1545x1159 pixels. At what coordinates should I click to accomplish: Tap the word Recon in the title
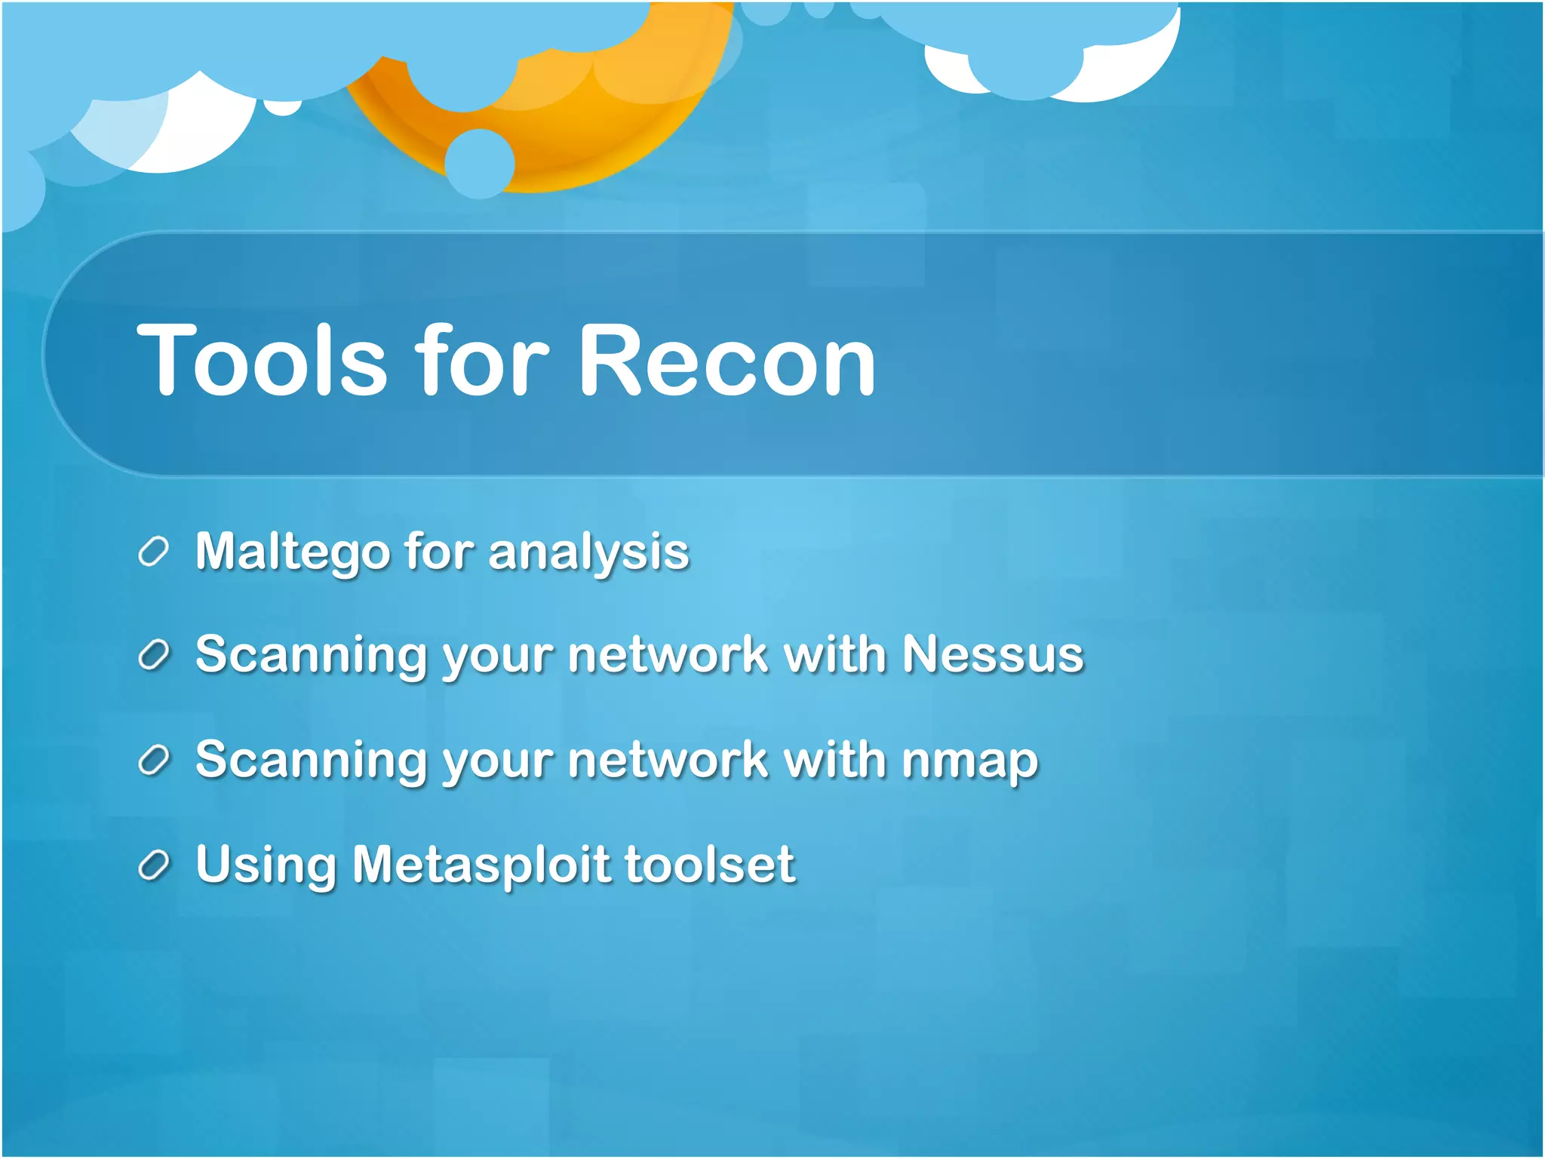point(726,361)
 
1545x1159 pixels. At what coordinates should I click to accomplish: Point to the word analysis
point(588,552)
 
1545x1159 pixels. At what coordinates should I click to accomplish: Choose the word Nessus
point(993,654)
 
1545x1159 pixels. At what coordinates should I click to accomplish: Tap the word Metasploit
point(481,864)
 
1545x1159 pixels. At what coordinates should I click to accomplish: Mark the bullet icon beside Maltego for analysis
point(153,552)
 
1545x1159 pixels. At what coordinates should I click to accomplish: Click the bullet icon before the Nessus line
point(153,655)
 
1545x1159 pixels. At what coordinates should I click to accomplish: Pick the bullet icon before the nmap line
point(153,761)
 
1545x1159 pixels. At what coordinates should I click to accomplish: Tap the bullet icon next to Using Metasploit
point(153,865)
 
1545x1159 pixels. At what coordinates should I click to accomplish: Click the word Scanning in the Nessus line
point(312,654)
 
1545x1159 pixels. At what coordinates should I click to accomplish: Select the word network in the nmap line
point(668,760)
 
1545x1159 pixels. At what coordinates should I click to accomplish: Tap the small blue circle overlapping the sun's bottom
point(480,164)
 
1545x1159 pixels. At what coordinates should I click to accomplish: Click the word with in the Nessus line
point(834,654)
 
